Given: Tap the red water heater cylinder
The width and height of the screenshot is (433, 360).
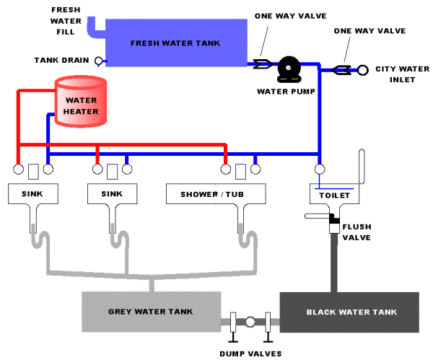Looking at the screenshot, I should (x=81, y=105).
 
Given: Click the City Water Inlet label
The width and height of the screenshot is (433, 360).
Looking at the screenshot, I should (x=395, y=74).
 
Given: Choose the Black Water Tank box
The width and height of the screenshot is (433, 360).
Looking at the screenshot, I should (x=350, y=312).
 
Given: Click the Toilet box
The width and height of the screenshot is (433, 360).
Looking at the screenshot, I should (x=334, y=195).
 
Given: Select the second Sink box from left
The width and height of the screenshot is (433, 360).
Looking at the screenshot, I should (x=113, y=194).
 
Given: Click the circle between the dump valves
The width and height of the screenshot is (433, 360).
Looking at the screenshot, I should (x=250, y=322).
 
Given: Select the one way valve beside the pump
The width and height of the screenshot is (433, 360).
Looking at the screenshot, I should (x=262, y=63).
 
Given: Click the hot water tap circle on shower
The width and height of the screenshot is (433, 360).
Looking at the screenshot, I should (x=226, y=170).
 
